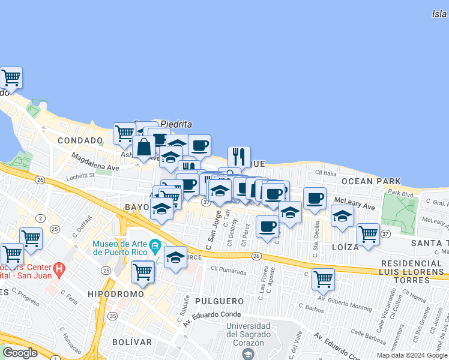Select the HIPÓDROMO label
[115, 294]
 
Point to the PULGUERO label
[219, 301]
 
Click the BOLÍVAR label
[132, 341]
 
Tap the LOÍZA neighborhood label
[344, 247]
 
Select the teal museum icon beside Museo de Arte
[155, 245]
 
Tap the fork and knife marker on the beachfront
[239, 156]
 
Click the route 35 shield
[112, 316]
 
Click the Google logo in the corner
[20, 353]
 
